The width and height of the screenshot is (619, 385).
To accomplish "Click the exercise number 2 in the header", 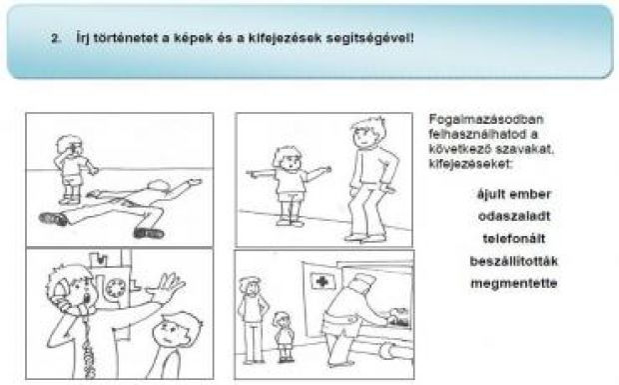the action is click(x=56, y=39).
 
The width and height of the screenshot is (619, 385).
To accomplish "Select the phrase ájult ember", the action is click(x=513, y=194).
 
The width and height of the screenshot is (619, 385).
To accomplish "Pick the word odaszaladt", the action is click(x=514, y=216).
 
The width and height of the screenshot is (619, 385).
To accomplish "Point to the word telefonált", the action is click(x=514, y=239).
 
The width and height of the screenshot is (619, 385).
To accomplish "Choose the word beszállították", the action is click(x=514, y=261).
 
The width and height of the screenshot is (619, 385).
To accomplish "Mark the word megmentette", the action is click(x=514, y=283).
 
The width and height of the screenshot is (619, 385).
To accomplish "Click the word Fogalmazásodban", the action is click(x=486, y=119).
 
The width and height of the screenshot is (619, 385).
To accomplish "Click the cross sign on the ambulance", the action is click(x=322, y=281).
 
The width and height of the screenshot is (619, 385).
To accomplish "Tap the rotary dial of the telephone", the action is click(x=115, y=288).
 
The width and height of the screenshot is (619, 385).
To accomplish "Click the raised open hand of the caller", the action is click(x=168, y=285).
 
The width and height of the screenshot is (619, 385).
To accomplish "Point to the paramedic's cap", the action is click(x=364, y=281).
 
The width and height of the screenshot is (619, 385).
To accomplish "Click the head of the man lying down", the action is click(x=159, y=185).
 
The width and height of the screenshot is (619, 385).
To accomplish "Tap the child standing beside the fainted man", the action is click(x=73, y=169).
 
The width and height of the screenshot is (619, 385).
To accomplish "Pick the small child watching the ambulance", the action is click(x=284, y=336).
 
